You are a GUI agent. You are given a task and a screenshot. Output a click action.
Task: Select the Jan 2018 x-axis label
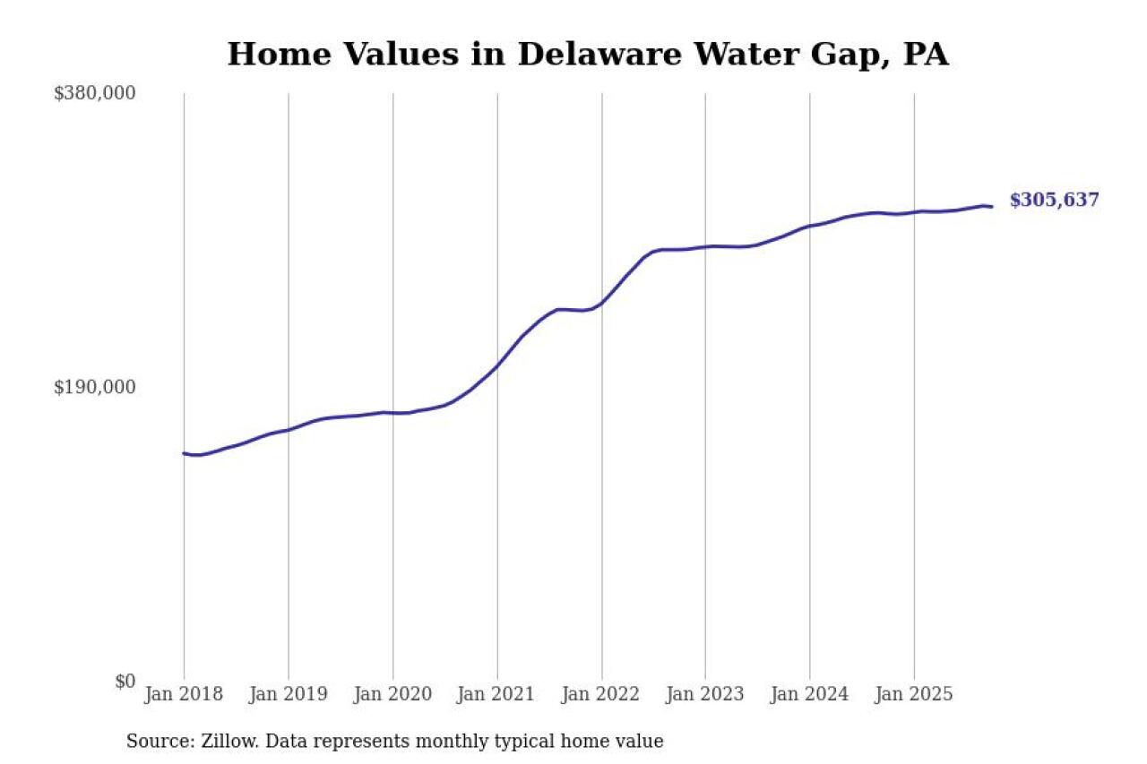point(184,694)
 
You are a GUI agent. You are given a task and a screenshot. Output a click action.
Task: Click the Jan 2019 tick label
point(289,694)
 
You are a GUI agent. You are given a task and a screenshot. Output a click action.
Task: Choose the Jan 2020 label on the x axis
point(392,694)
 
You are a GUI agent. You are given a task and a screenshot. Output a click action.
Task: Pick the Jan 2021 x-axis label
point(496,694)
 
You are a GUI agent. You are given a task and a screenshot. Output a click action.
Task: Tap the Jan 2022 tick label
point(601,694)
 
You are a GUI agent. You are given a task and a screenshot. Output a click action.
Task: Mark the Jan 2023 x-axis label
point(705,694)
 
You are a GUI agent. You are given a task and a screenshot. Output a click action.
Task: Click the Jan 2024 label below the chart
point(809,694)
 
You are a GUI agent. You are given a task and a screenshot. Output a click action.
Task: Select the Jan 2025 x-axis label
point(914,694)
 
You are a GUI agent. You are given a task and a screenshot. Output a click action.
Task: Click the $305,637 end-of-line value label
point(1054,201)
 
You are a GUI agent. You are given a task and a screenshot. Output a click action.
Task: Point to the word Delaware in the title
point(603,55)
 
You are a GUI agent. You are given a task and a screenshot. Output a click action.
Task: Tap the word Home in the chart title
point(268,55)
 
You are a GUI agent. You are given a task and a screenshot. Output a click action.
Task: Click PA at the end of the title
point(925,55)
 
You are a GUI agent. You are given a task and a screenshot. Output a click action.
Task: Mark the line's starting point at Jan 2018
point(185,453)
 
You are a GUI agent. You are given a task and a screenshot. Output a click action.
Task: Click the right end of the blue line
point(991,207)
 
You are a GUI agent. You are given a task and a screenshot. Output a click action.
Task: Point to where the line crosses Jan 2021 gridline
point(496,365)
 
